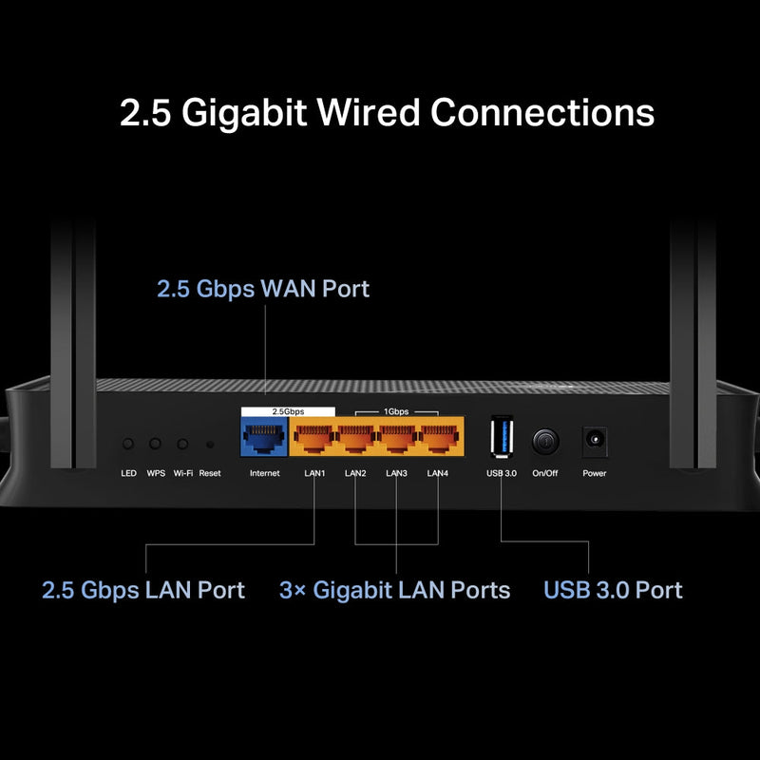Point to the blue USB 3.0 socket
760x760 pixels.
tap(501, 439)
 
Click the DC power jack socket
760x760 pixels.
tap(595, 441)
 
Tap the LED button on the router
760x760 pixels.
tap(128, 444)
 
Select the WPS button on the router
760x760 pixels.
tap(156, 444)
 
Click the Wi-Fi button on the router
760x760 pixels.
tap(182, 444)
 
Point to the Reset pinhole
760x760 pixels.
tap(210, 444)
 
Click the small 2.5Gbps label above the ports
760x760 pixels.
tap(288, 412)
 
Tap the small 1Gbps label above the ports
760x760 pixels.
tap(397, 412)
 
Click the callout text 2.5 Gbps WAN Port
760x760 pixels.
tap(263, 289)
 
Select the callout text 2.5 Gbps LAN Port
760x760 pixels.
tap(143, 590)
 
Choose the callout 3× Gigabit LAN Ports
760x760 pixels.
tap(394, 590)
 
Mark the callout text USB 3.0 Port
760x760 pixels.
tap(613, 590)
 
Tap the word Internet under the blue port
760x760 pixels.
tap(264, 473)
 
